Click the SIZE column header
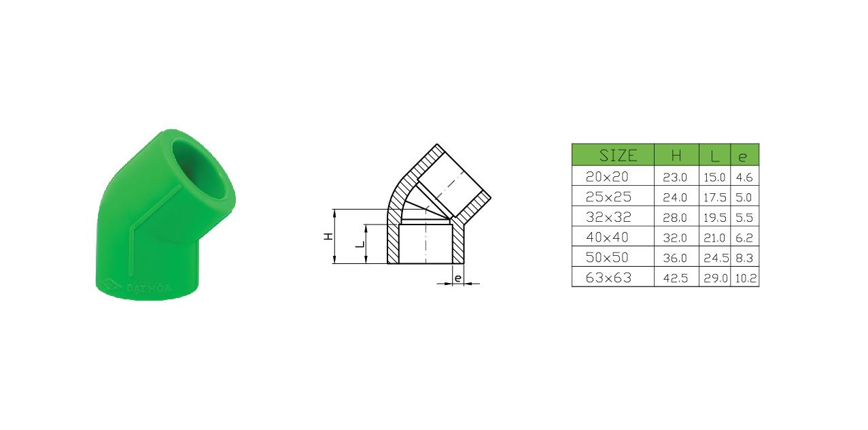click(618, 156)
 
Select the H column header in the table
click(676, 156)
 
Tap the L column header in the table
click(715, 156)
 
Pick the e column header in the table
click(742, 157)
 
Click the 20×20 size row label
click(607, 177)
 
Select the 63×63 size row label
click(608, 278)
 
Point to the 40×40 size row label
click(607, 237)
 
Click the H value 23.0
click(675, 178)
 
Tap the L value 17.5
click(715, 198)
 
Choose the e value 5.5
click(744, 218)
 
